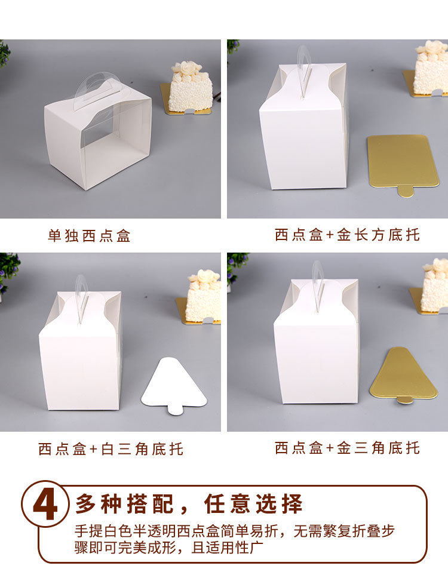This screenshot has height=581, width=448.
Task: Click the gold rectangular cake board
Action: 403,163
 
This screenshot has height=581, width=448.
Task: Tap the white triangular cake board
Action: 174,385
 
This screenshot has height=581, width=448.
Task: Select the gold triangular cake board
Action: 403,374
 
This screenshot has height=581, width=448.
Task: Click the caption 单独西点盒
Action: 89,236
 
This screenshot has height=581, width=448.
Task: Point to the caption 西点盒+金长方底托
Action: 347,235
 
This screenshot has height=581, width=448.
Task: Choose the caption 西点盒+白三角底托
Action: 111,449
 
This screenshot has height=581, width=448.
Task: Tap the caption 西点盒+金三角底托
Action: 347,448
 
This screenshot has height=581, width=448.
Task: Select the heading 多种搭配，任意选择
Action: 189,503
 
